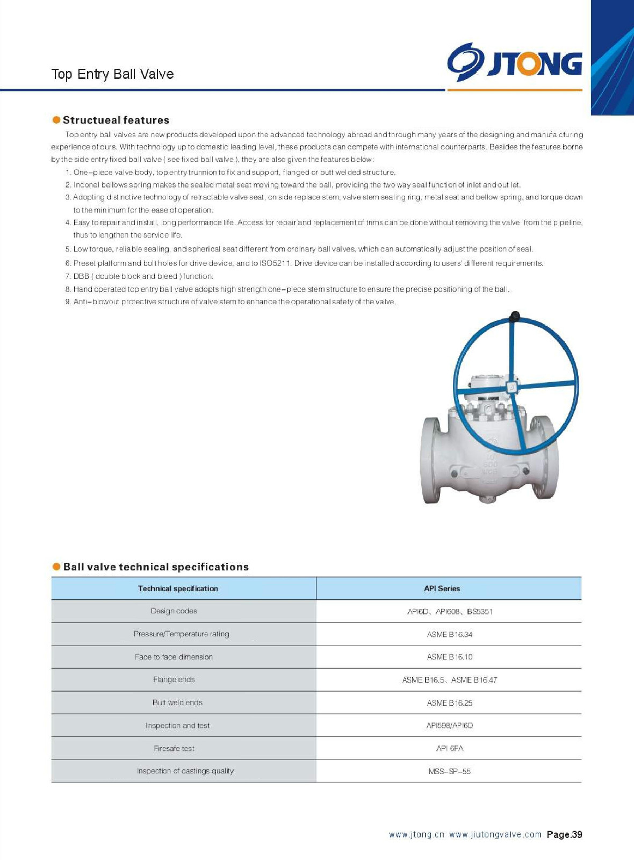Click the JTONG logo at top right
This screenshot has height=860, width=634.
click(514, 62)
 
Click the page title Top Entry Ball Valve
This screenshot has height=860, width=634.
click(112, 74)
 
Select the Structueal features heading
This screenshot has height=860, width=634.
click(116, 120)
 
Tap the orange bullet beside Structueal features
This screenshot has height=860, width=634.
click(56, 119)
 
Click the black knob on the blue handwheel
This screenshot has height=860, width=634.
click(514, 316)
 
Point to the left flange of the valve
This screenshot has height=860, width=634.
click(431, 460)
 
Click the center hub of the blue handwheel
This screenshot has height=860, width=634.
click(512, 387)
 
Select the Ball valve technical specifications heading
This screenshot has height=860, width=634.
click(156, 567)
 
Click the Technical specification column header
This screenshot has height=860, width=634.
click(178, 589)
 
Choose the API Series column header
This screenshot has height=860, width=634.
click(442, 589)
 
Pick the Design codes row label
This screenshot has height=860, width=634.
click(174, 611)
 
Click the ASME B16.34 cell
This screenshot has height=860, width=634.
click(450, 634)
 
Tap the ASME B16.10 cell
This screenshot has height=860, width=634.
click(450, 657)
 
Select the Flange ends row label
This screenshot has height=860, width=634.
click(174, 679)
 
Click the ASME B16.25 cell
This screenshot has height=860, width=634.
click(450, 703)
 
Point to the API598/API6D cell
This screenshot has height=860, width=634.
click(450, 726)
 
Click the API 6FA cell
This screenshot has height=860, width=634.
click(450, 748)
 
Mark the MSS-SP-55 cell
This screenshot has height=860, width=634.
click(450, 771)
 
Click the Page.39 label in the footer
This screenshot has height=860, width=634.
click(564, 835)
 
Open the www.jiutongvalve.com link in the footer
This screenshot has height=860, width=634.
click(495, 835)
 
